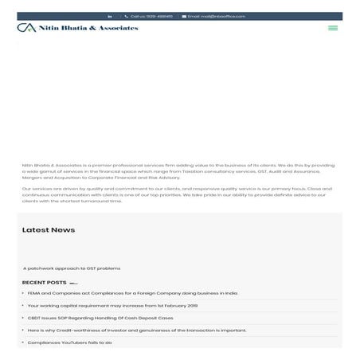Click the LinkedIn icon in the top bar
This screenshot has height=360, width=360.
click(110, 16)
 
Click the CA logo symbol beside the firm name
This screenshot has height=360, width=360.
click(25, 28)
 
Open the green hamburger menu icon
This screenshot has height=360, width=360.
click(333, 28)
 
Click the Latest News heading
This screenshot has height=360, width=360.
click(49, 230)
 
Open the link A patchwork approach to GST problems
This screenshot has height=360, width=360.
click(72, 268)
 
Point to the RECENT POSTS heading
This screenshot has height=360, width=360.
click(45, 283)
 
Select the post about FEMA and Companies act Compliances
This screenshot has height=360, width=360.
click(132, 293)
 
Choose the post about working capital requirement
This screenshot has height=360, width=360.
click(112, 305)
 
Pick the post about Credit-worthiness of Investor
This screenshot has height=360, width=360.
click(136, 330)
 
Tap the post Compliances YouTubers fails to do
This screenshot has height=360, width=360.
click(69, 342)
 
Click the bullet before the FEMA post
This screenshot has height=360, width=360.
click(23, 293)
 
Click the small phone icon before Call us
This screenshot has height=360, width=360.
click(126, 16)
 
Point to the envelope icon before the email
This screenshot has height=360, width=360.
click(184, 16)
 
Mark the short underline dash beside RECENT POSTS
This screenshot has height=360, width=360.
click(73, 284)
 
